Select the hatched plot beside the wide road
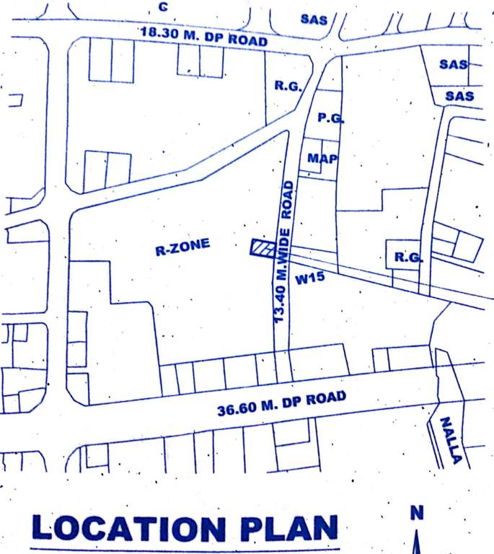pyautogui.click(x=261, y=247)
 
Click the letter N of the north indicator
pyautogui.click(x=416, y=513)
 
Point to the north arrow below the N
pyautogui.click(x=416, y=542)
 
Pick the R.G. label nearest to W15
pyautogui.click(x=406, y=258)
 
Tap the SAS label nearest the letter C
pyautogui.click(x=314, y=19)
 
